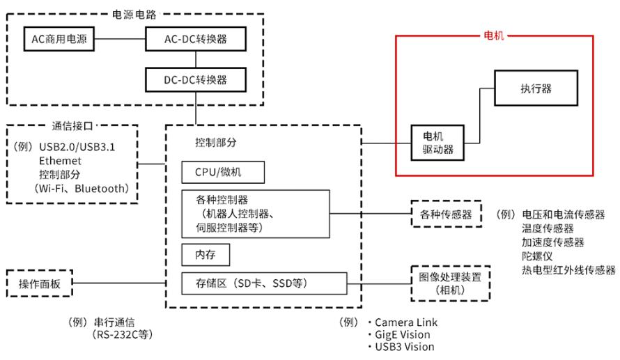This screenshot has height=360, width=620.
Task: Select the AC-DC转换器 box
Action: point(196,39)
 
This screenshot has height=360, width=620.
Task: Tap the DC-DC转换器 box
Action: point(196,80)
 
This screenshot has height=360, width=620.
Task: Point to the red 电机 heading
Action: point(495,34)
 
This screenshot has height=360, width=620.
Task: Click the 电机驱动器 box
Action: point(437,143)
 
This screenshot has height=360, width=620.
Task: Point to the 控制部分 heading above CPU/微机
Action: point(216,142)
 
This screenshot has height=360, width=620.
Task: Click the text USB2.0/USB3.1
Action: point(79,147)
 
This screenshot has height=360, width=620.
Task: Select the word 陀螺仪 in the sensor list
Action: point(536,256)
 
